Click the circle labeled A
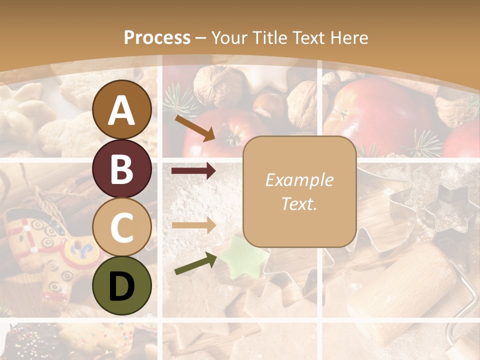[x=122, y=109]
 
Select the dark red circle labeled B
[x=122, y=168]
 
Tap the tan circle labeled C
[x=122, y=227]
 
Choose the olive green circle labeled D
[x=122, y=285]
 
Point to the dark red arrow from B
[x=194, y=171]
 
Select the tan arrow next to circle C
[x=194, y=225]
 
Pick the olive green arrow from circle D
[x=195, y=264]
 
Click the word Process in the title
[x=157, y=38]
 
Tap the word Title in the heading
[x=270, y=38]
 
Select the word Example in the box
[x=299, y=180]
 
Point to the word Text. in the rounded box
[x=299, y=203]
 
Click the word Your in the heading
[x=229, y=38]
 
